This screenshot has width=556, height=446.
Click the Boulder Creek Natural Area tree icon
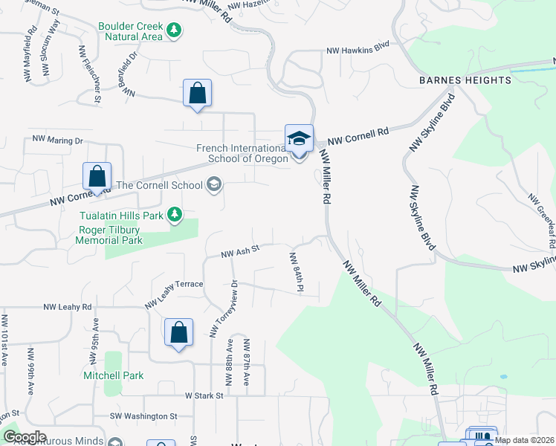click(x=175, y=30)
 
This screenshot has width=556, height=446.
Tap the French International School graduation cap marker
click(x=299, y=139)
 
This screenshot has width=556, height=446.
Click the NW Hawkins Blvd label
click(x=358, y=51)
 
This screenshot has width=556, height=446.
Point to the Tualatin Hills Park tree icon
click(x=175, y=215)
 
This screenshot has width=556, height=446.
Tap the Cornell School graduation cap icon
click(x=214, y=185)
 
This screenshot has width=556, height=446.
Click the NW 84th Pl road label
click(x=298, y=271)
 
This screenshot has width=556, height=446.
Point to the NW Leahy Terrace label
click(x=174, y=292)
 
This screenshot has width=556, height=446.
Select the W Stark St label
click(x=204, y=396)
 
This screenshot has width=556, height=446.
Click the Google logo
click(x=25, y=437)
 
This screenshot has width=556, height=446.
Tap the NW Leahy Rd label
click(x=68, y=306)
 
